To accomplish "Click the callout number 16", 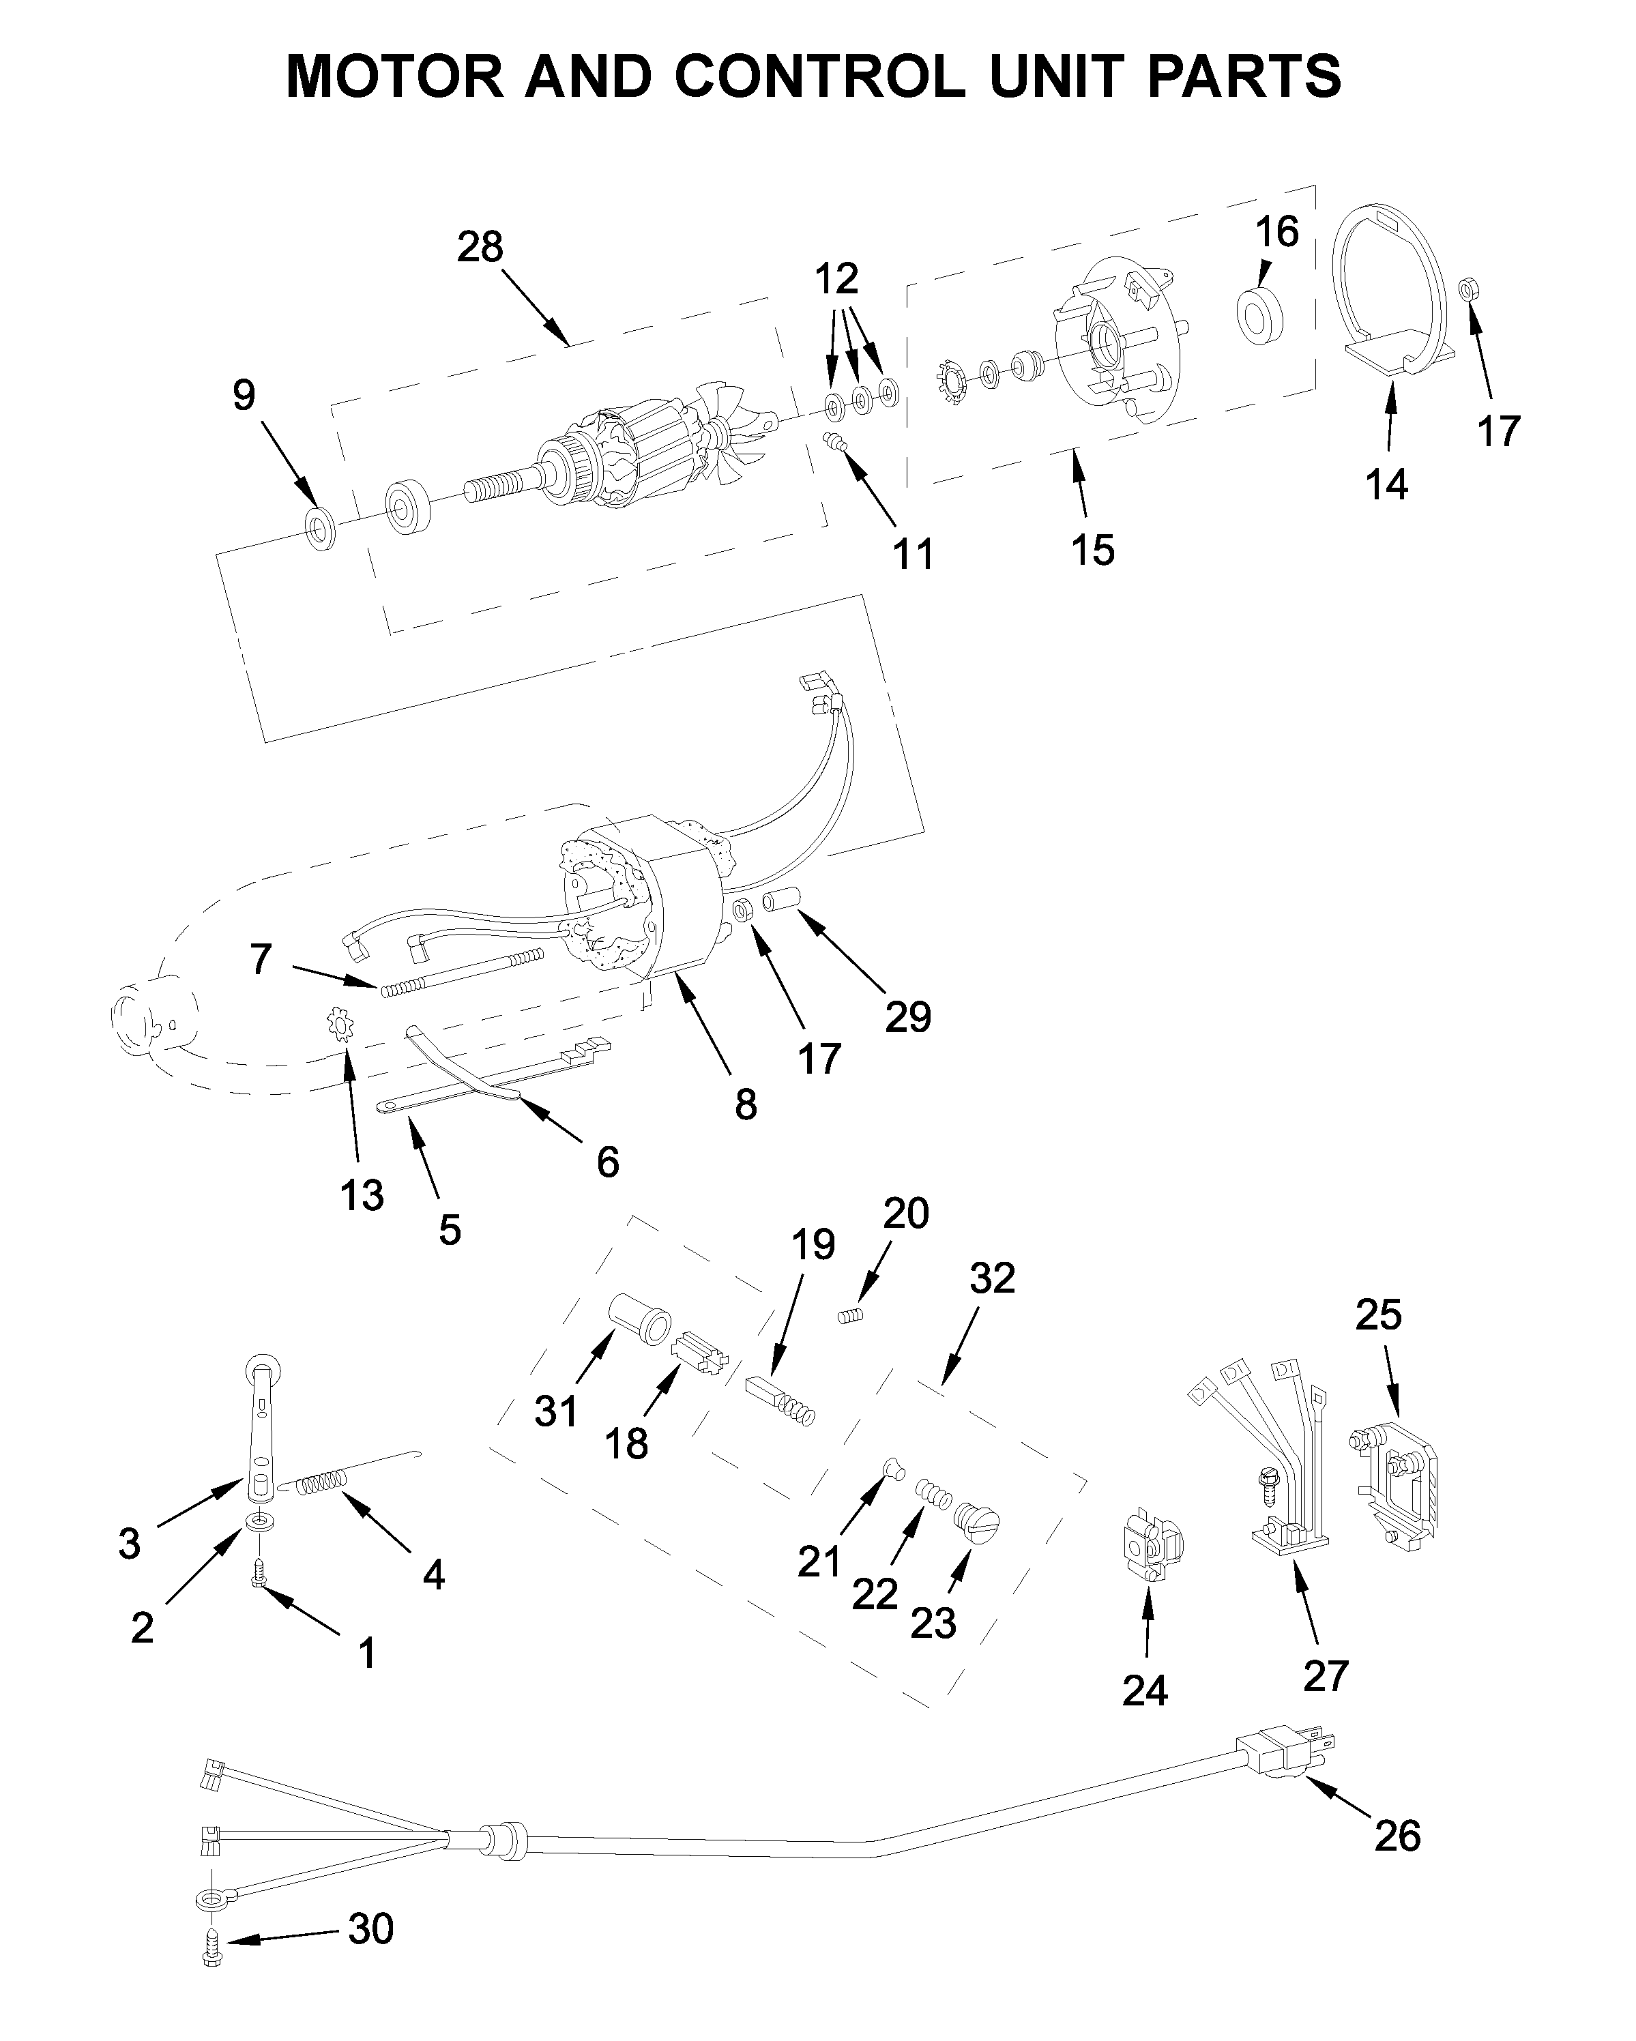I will tap(1277, 232).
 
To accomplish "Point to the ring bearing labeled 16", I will tap(1259, 313).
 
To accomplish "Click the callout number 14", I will tap(1386, 485).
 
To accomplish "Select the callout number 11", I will tap(914, 554).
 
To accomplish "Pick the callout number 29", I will tap(908, 1016).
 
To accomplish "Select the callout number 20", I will tap(906, 1213).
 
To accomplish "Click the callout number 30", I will tap(370, 1928).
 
